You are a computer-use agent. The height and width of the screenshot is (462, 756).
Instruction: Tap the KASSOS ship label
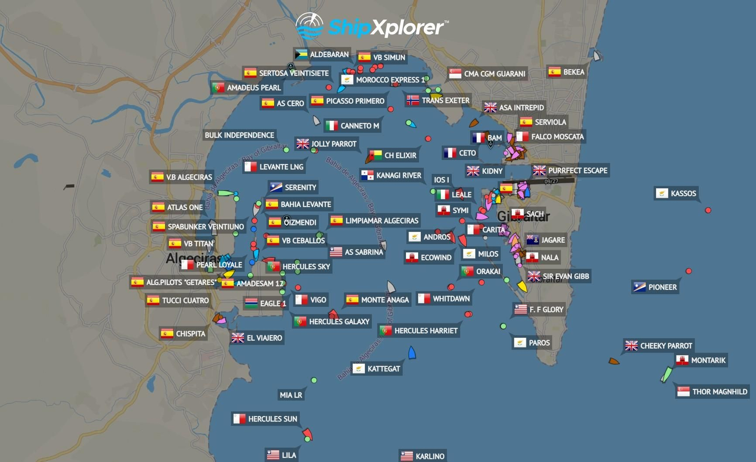(x=683, y=193)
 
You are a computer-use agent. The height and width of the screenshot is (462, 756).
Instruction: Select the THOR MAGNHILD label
(x=719, y=392)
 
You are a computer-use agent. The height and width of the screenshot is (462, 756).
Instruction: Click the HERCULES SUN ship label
(x=272, y=419)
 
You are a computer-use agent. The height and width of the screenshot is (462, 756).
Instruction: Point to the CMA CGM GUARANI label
(x=494, y=74)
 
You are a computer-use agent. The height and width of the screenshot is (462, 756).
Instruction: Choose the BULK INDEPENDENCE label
(x=239, y=135)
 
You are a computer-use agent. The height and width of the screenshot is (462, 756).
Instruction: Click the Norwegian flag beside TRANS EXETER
(x=413, y=101)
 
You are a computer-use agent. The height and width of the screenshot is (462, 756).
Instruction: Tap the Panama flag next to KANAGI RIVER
(x=367, y=176)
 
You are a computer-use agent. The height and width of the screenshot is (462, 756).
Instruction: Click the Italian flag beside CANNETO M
(x=332, y=126)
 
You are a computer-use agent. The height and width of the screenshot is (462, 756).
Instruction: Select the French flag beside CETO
(x=450, y=153)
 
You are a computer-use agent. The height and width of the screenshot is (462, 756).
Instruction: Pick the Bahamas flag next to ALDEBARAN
(x=301, y=55)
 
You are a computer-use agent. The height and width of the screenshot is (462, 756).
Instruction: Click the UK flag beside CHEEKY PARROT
(x=631, y=346)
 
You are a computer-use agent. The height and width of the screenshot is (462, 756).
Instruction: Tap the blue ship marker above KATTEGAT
(x=412, y=353)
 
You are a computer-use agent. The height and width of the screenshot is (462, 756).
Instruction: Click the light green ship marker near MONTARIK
(x=666, y=374)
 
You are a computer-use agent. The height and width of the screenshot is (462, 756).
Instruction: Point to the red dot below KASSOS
(x=708, y=210)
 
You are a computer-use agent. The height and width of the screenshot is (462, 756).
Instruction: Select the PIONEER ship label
(x=662, y=287)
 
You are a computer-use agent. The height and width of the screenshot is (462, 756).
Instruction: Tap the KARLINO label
(x=430, y=456)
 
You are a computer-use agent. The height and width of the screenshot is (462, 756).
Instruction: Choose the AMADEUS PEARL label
(x=254, y=88)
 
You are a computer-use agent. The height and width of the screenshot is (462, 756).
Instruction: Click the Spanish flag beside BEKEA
(x=554, y=72)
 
